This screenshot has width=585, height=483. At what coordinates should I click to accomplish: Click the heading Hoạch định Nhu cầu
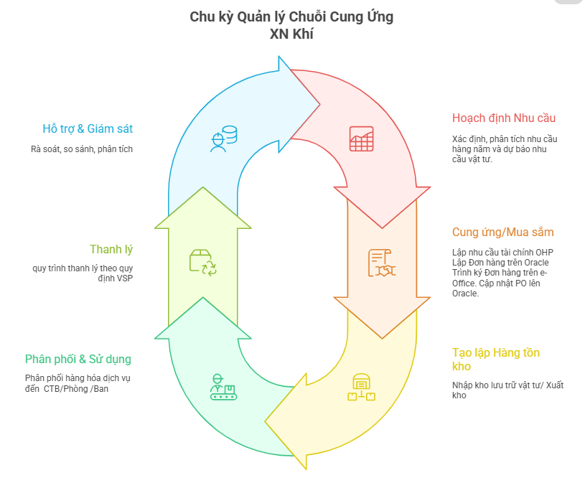pos(504,118)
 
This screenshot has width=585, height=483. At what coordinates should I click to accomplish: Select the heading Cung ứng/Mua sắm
pos(502,233)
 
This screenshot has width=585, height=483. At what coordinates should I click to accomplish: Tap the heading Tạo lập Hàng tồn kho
pos(496,359)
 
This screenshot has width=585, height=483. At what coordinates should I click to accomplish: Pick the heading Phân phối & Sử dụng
pos(78,359)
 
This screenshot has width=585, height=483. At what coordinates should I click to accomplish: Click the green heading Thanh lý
pos(111,250)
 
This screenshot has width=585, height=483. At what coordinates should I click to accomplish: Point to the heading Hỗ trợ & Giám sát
pos(88,129)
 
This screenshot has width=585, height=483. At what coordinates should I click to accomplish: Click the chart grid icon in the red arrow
pos(361,139)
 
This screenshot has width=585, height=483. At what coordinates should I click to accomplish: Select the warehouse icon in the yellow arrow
pos(361,388)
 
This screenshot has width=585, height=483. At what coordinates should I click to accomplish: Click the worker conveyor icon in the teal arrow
pos(223,388)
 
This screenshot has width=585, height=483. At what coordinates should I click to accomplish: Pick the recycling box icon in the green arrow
pos(202,263)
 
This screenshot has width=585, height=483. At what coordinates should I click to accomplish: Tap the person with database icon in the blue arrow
pos(223,139)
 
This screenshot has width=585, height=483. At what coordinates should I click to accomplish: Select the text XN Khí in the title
pos(292,34)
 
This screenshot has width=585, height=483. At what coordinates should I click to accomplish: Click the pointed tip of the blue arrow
pos(319,104)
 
